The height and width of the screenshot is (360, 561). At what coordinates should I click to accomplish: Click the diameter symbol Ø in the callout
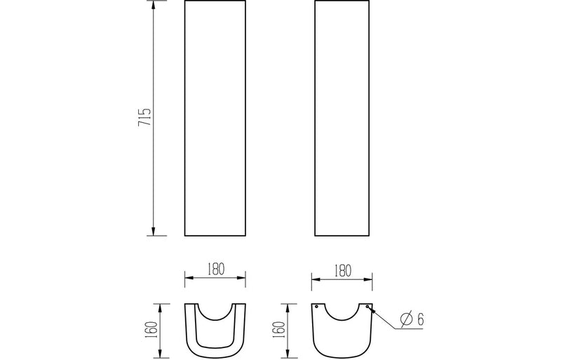coord(405,319)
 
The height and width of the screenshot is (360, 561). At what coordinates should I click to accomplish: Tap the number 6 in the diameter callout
coord(420,319)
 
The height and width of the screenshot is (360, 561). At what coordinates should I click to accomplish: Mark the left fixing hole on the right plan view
coord(317,307)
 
